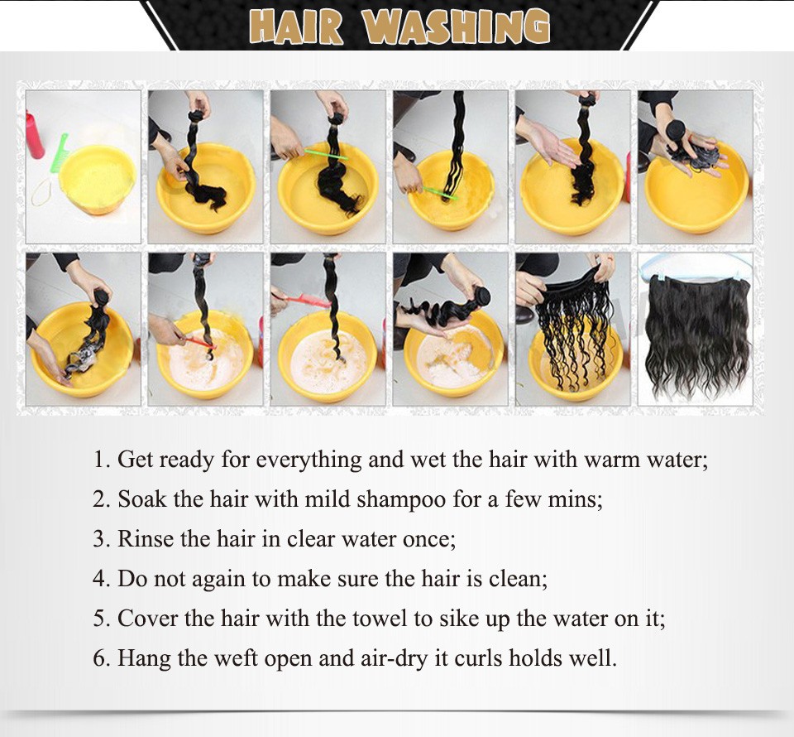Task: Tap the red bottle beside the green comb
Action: pos(34,135)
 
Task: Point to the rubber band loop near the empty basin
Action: pos(41,193)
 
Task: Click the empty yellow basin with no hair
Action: pos(97,177)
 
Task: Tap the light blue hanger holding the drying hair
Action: pos(696,267)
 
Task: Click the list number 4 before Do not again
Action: pos(101,579)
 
